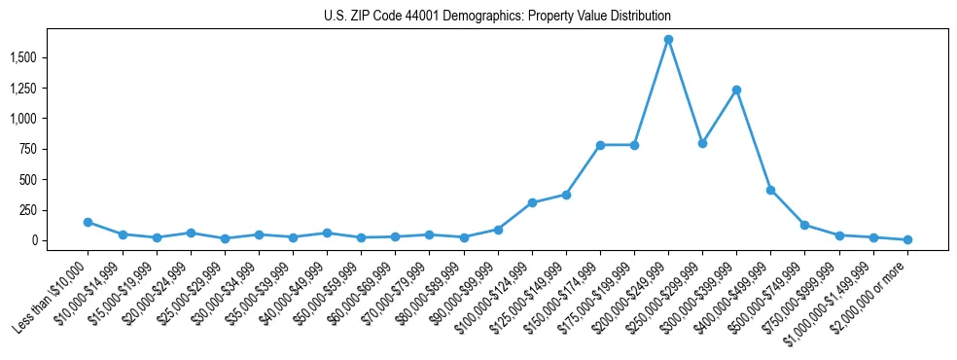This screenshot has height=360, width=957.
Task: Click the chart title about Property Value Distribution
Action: tap(497, 17)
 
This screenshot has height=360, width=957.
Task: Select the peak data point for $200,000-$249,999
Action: tap(668, 40)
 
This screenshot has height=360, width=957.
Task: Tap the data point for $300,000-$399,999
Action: tap(736, 90)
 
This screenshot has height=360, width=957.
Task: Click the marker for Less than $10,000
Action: tap(89, 222)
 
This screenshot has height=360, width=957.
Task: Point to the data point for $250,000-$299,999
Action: tap(702, 143)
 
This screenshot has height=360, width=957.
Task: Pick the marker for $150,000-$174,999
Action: tap(600, 145)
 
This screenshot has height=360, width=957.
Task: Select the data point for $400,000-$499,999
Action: tap(770, 191)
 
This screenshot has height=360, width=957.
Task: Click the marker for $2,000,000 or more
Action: tap(907, 239)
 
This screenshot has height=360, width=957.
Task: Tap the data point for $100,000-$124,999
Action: tap(532, 202)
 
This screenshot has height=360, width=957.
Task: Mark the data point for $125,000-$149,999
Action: tap(566, 195)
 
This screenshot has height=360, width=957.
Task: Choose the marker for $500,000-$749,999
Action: tap(804, 225)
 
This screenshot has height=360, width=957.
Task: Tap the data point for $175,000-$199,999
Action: tap(634, 145)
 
